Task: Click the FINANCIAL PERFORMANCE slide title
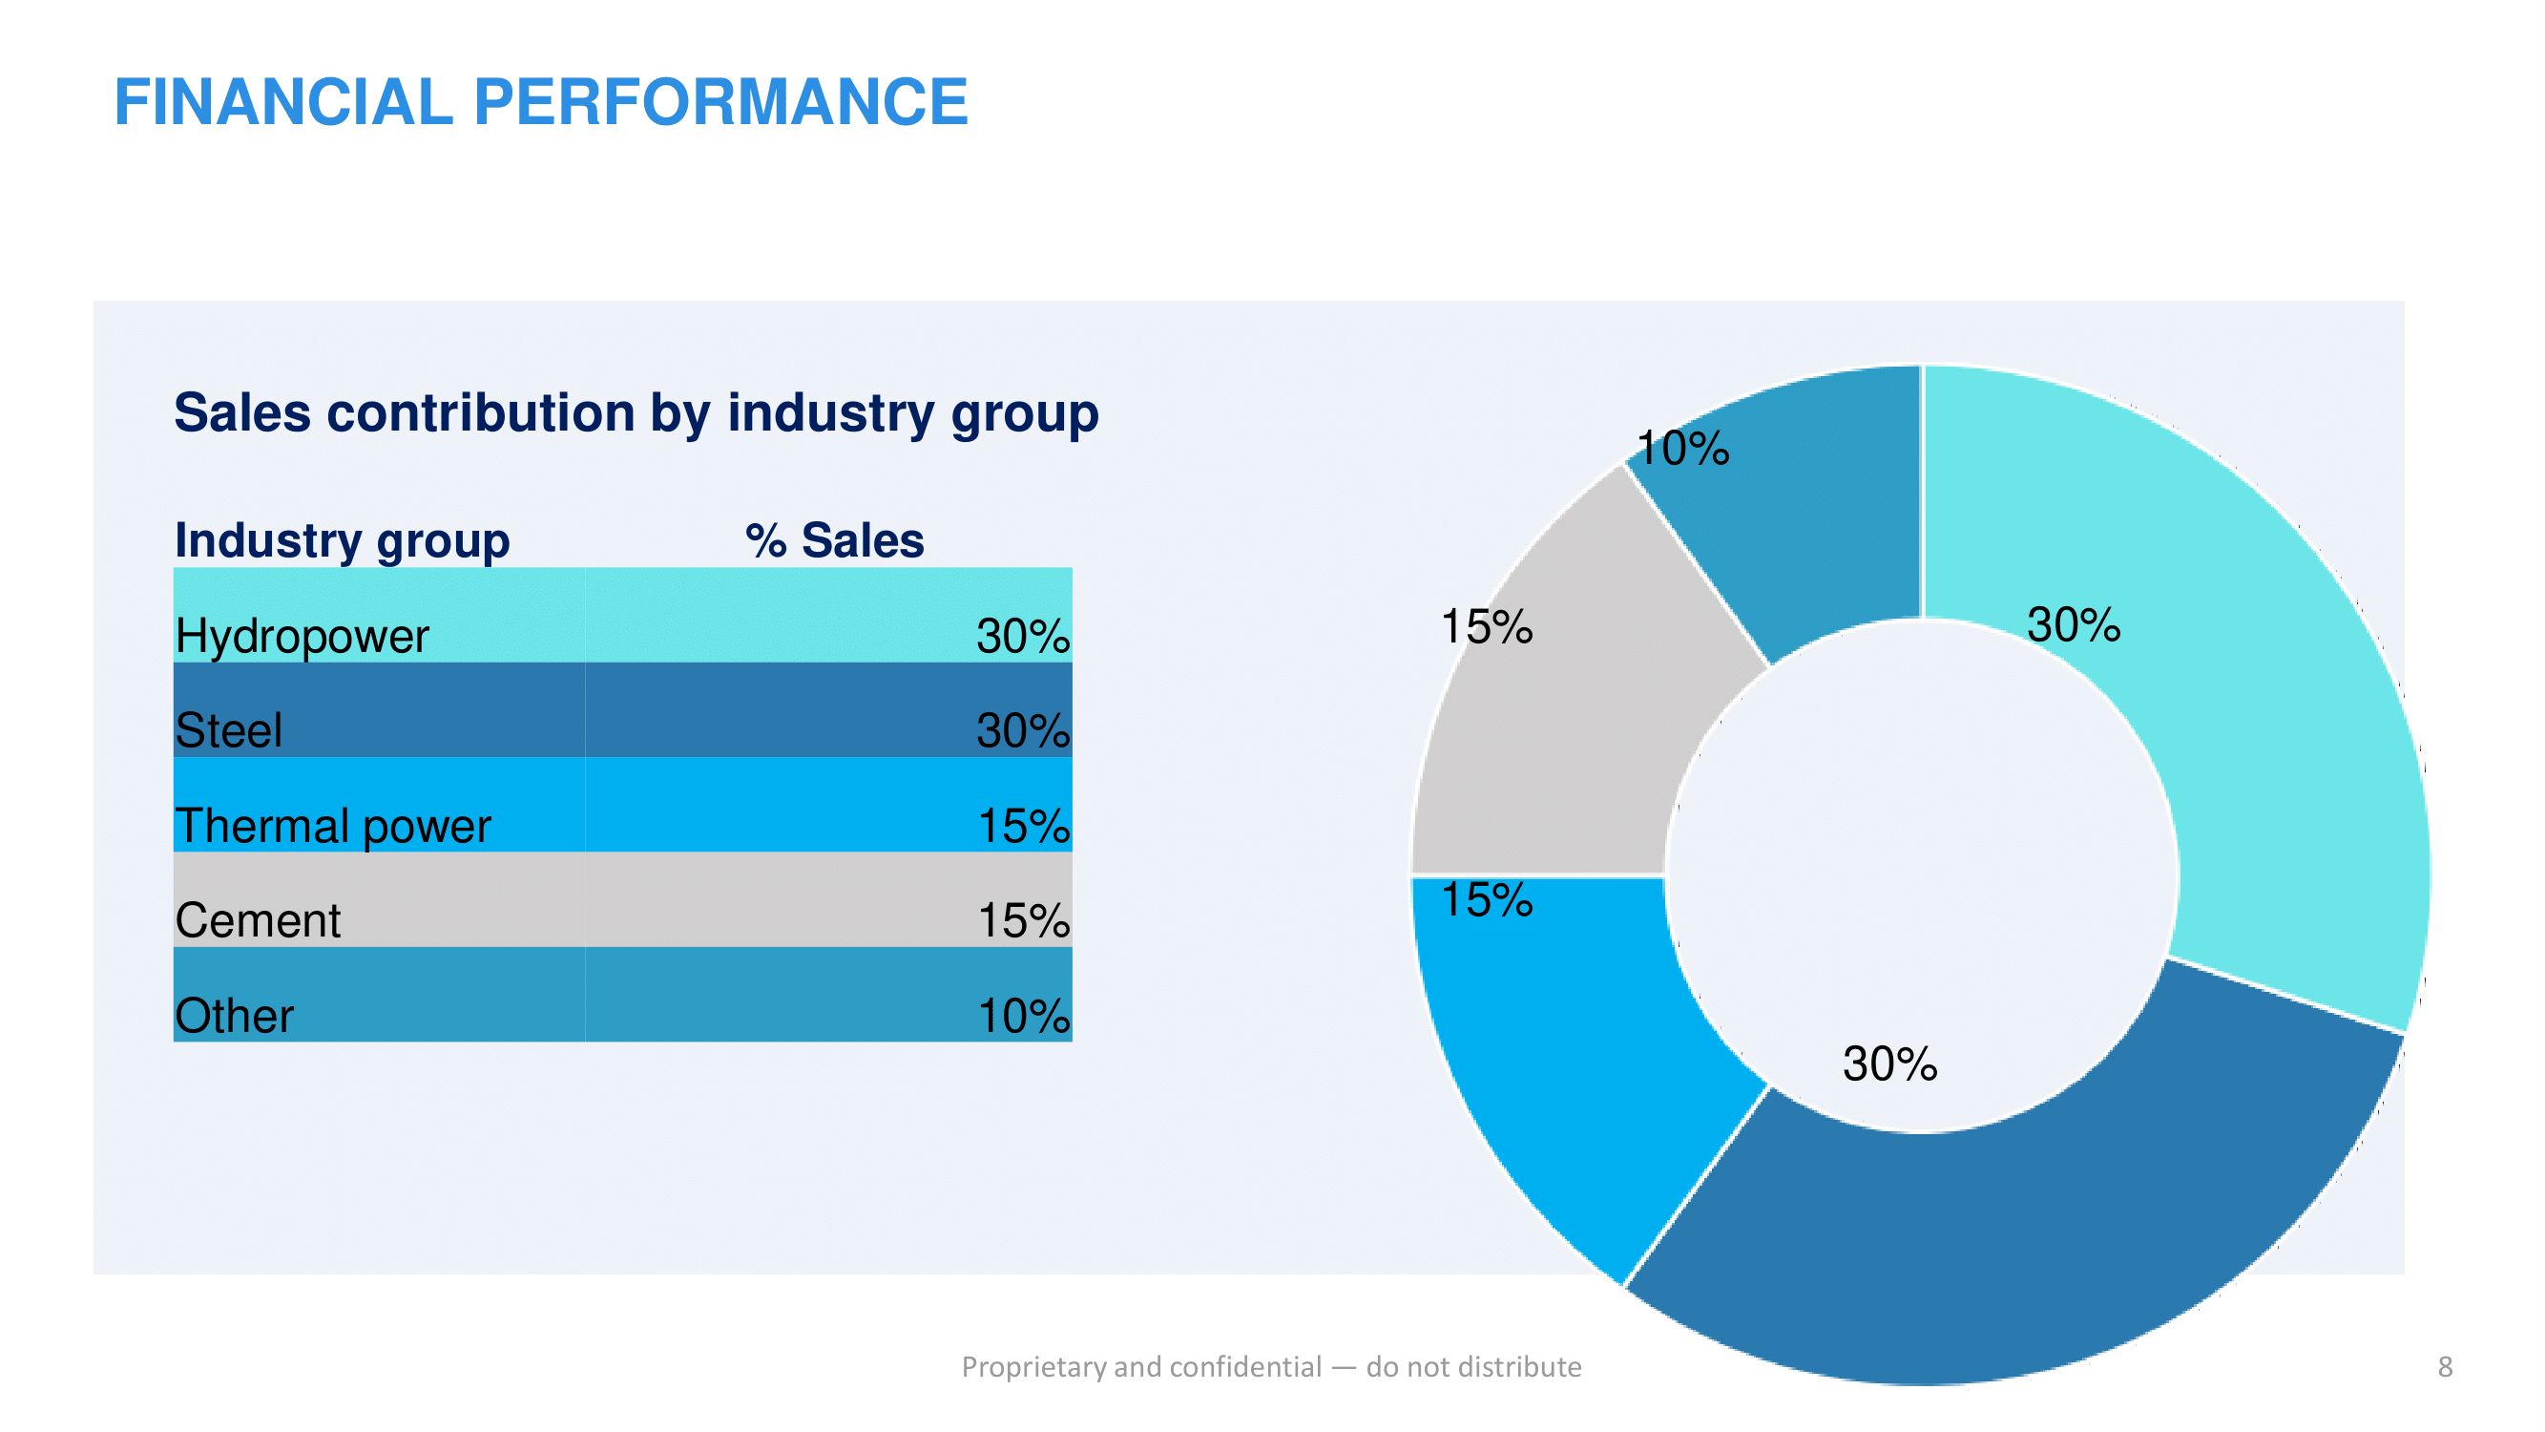point(540,102)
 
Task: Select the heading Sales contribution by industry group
point(636,412)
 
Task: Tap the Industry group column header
point(342,540)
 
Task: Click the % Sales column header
point(834,540)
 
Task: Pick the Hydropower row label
point(302,636)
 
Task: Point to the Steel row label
point(228,730)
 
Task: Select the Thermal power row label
point(332,825)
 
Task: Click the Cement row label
point(257,920)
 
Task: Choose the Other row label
point(234,1015)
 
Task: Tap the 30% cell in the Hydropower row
point(1023,636)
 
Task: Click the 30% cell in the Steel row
point(1023,730)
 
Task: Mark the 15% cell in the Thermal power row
point(1023,825)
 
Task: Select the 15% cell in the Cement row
point(1023,920)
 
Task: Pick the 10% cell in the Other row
point(1023,1015)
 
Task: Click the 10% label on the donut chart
point(1682,449)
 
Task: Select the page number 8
point(2445,1367)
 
